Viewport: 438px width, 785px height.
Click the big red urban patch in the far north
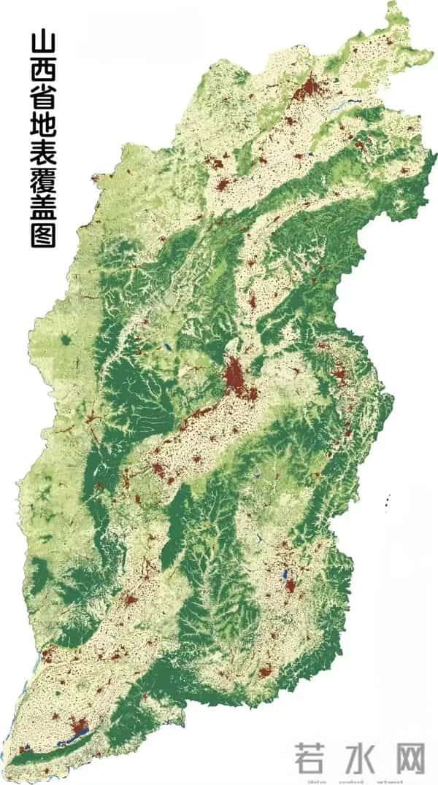(x=308, y=89)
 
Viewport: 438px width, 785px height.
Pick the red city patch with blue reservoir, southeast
(x=289, y=583)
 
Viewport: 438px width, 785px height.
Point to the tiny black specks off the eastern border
(x=387, y=500)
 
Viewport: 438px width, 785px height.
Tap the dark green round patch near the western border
(x=67, y=339)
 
